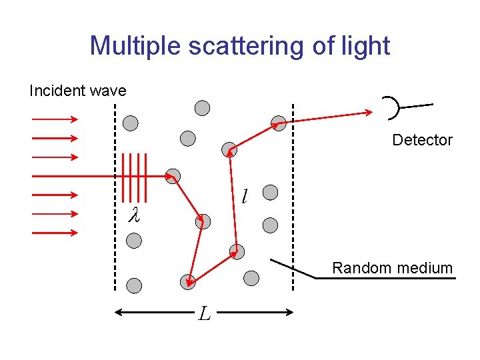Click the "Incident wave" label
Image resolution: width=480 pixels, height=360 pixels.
pyautogui.click(x=77, y=91)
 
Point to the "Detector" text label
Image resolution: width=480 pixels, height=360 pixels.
pyautogui.click(x=422, y=140)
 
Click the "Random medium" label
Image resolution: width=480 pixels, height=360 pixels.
pyautogui.click(x=392, y=268)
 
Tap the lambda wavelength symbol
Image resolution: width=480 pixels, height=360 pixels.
pyautogui.click(x=133, y=215)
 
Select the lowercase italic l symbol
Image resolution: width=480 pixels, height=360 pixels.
pyautogui.click(x=245, y=196)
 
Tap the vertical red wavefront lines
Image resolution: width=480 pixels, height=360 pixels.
pyautogui.click(x=133, y=175)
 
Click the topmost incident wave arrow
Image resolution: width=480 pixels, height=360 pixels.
pyautogui.click(x=55, y=119)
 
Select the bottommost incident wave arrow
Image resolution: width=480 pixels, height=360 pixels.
pyautogui.click(x=55, y=233)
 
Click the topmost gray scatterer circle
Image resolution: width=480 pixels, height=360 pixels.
pyautogui.click(x=202, y=107)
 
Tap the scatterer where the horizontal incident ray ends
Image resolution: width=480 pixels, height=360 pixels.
pyautogui.click(x=173, y=176)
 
